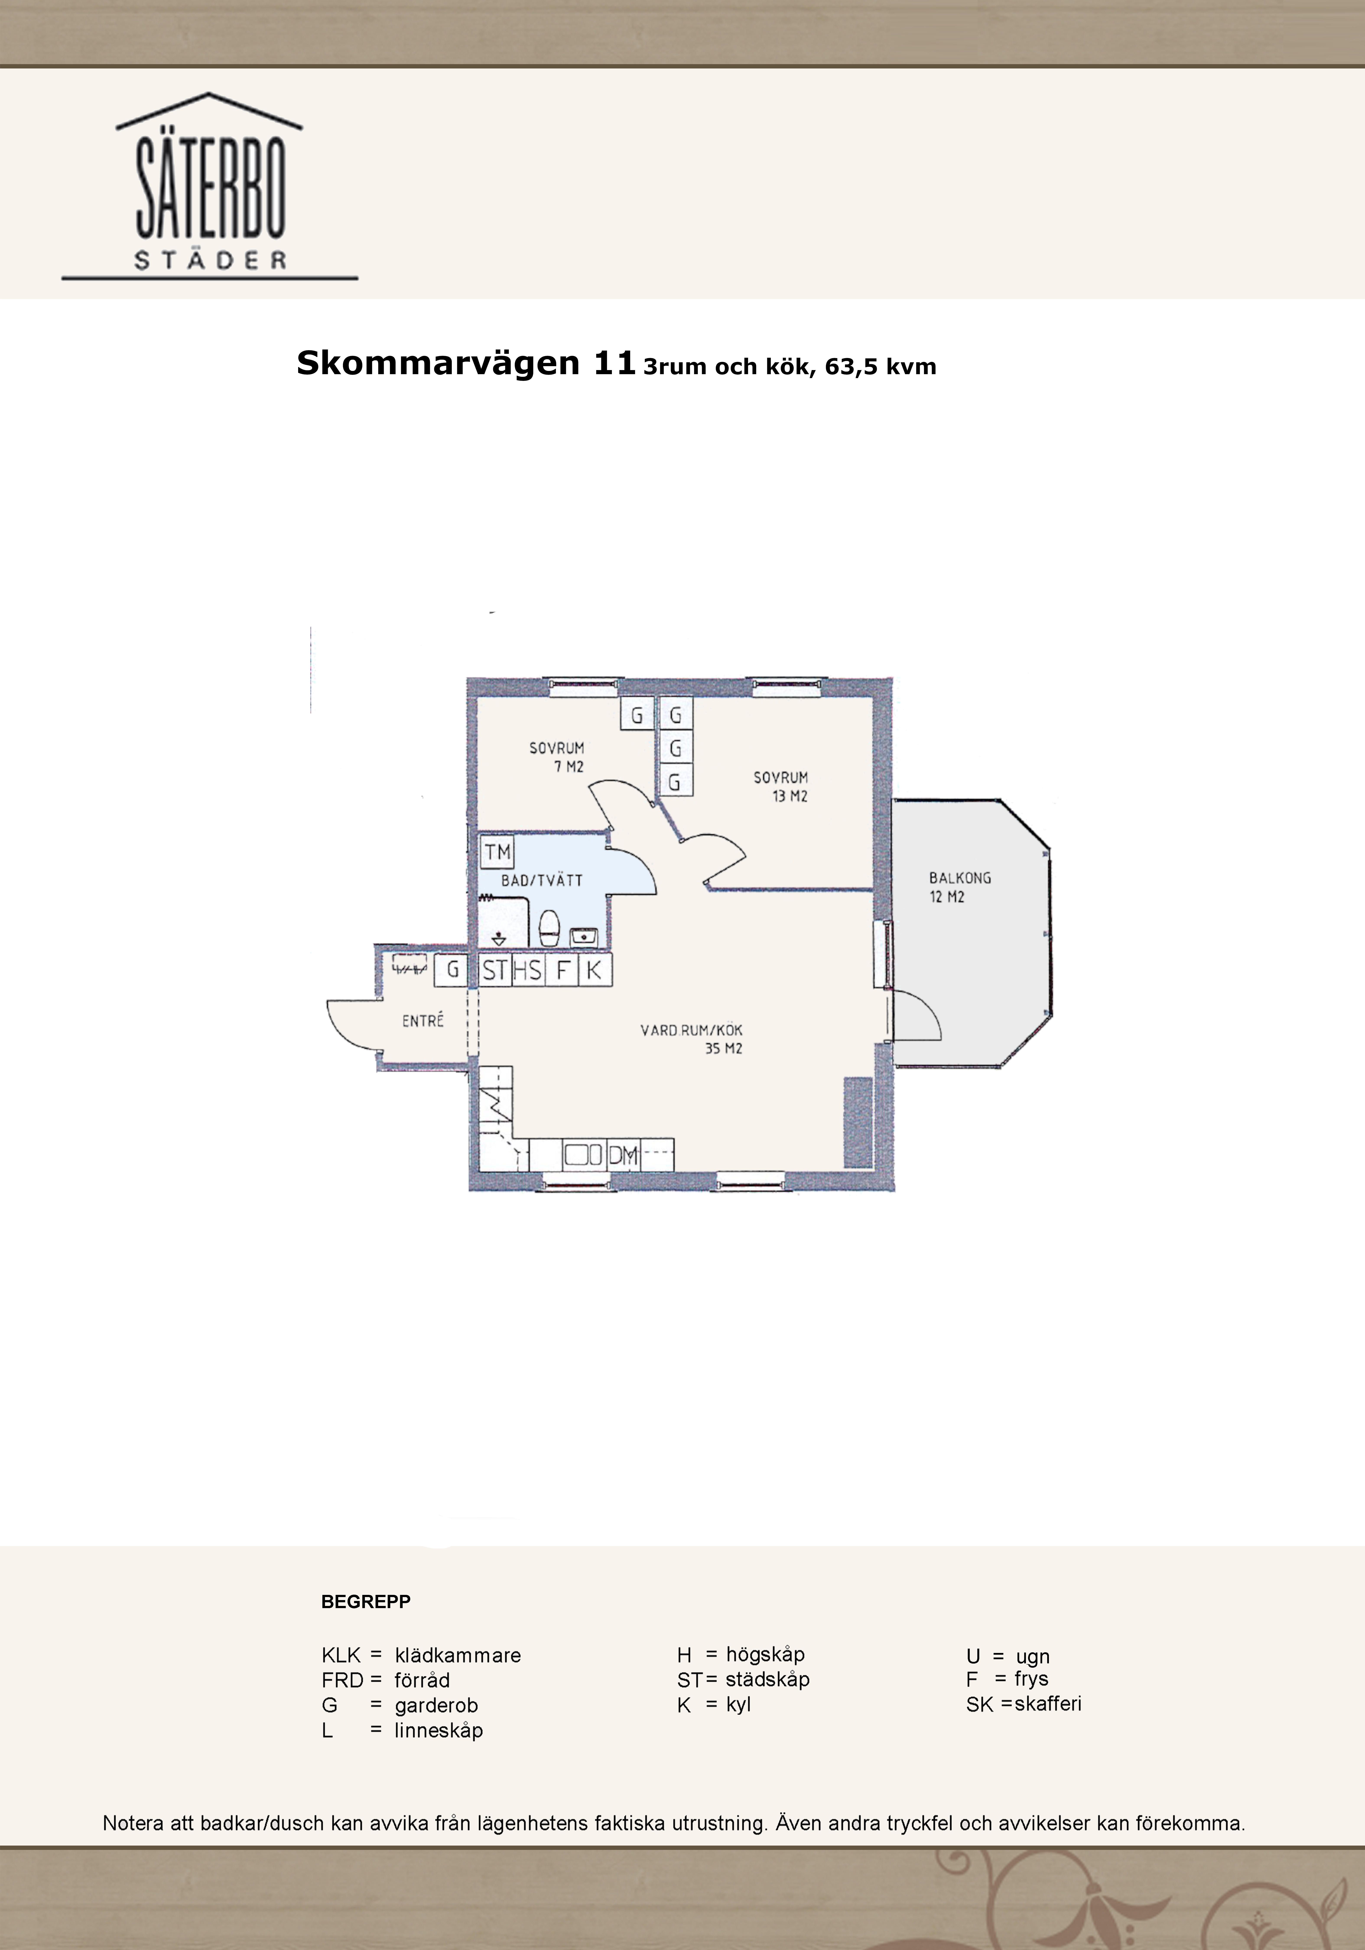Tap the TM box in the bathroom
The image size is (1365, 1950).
(x=498, y=852)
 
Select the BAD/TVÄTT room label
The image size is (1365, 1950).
(x=542, y=881)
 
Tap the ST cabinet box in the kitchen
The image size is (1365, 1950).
(x=495, y=970)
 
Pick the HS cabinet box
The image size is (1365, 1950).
(x=528, y=970)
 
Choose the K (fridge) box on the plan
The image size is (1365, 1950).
(x=595, y=970)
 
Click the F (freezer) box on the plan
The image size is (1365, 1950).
(x=561, y=970)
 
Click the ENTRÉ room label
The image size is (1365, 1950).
(x=423, y=1020)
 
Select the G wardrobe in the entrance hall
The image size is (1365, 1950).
(x=452, y=970)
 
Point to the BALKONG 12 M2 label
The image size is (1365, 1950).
(x=960, y=887)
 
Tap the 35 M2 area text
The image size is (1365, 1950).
(x=724, y=1049)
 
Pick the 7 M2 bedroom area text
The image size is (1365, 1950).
(x=569, y=767)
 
